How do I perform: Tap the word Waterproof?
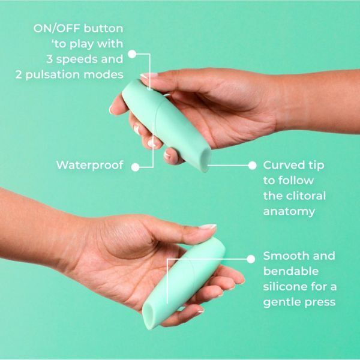click(x=89, y=165)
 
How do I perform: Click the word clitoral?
click(x=304, y=196)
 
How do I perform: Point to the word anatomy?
click(x=289, y=211)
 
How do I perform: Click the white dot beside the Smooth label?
click(x=251, y=257)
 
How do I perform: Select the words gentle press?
click(x=298, y=302)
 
